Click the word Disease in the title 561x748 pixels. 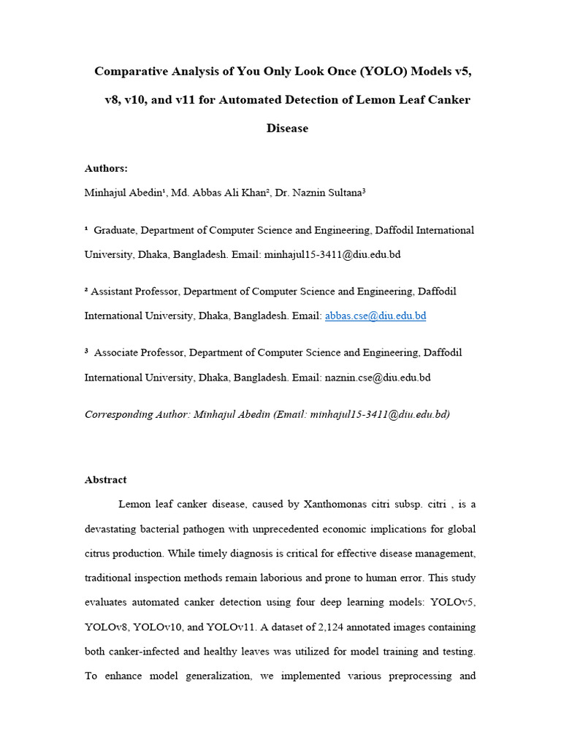pos(287,129)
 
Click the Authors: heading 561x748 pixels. pos(106,169)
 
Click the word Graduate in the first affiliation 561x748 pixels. pos(115,230)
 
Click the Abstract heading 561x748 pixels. pos(105,480)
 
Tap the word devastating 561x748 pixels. pos(113,529)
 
